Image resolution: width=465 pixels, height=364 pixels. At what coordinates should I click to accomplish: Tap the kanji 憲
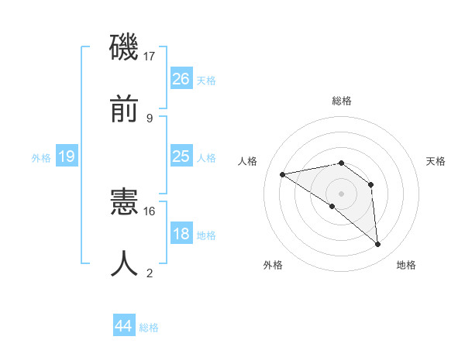pos(124,202)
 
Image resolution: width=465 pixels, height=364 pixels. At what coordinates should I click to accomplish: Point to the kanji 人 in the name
pos(124,264)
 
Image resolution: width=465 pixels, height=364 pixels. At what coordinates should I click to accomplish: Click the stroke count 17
pos(150,56)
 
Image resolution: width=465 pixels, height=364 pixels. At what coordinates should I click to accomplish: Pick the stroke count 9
pos(150,118)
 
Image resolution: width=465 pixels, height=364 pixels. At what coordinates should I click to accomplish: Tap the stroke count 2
pos(150,273)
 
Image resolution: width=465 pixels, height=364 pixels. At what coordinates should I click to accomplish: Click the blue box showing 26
pos(181,78)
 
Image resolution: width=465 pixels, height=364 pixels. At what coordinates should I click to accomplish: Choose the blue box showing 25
pos(181,156)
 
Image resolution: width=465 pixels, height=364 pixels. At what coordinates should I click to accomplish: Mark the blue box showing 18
pos(181,234)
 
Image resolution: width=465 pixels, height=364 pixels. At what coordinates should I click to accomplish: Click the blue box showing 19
pos(67,156)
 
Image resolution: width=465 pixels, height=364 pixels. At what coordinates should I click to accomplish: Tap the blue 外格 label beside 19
pos(41,158)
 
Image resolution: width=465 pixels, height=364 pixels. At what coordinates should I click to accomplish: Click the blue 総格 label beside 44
pos(149,328)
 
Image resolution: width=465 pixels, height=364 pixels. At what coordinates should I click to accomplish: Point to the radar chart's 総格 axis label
pos(342,101)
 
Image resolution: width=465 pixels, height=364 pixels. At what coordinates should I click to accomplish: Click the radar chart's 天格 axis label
pos(436,161)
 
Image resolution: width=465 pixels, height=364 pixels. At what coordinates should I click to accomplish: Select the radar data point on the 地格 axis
pos(378,245)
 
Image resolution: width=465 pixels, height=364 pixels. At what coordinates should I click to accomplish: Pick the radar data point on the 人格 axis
pos(283,174)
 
